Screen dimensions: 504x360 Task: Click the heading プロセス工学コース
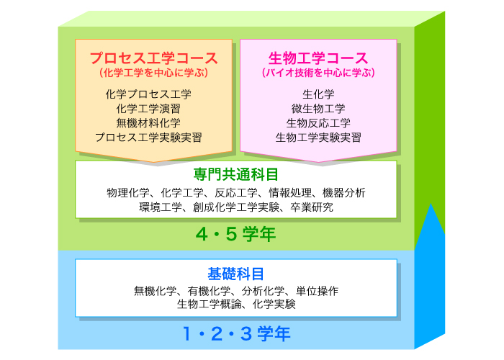pyautogui.click(x=154, y=58)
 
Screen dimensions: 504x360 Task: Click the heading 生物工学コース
pyautogui.click(x=318, y=58)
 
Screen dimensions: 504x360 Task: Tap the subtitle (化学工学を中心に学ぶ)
pyautogui.click(x=154, y=73)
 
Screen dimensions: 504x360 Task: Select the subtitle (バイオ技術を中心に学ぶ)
pyautogui.click(x=318, y=73)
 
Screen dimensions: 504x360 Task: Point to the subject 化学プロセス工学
pyautogui.click(x=148, y=94)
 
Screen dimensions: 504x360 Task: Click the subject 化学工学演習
pyautogui.click(x=148, y=109)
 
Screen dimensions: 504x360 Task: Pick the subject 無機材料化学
pyautogui.click(x=148, y=123)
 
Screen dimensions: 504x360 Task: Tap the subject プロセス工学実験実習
pyautogui.click(x=148, y=138)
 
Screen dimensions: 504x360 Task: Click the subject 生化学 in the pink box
pyautogui.click(x=318, y=94)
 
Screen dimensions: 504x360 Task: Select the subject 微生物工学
pyautogui.click(x=318, y=109)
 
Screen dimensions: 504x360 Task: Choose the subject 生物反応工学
pyautogui.click(x=318, y=123)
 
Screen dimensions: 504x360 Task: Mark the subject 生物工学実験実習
pyautogui.click(x=318, y=138)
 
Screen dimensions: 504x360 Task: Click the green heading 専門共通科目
pyautogui.click(x=236, y=174)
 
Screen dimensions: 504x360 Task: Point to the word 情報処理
pyautogui.click(x=290, y=193)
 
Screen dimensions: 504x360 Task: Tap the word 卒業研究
pyautogui.click(x=312, y=207)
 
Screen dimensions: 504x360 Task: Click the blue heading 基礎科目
pyautogui.click(x=236, y=274)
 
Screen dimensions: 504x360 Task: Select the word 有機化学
pyautogui.click(x=209, y=291)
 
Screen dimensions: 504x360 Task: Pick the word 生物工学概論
pyautogui.click(x=209, y=304)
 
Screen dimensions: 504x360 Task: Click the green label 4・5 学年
pyautogui.click(x=235, y=234)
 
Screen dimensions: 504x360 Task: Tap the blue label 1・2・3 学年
pyautogui.click(x=237, y=333)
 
